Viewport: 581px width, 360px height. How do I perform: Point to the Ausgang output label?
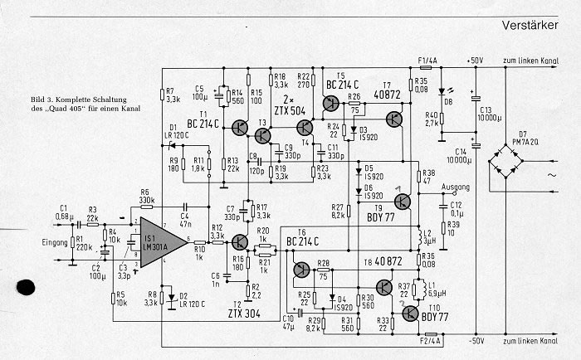(455, 187)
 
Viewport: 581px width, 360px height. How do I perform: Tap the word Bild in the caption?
(40, 100)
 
